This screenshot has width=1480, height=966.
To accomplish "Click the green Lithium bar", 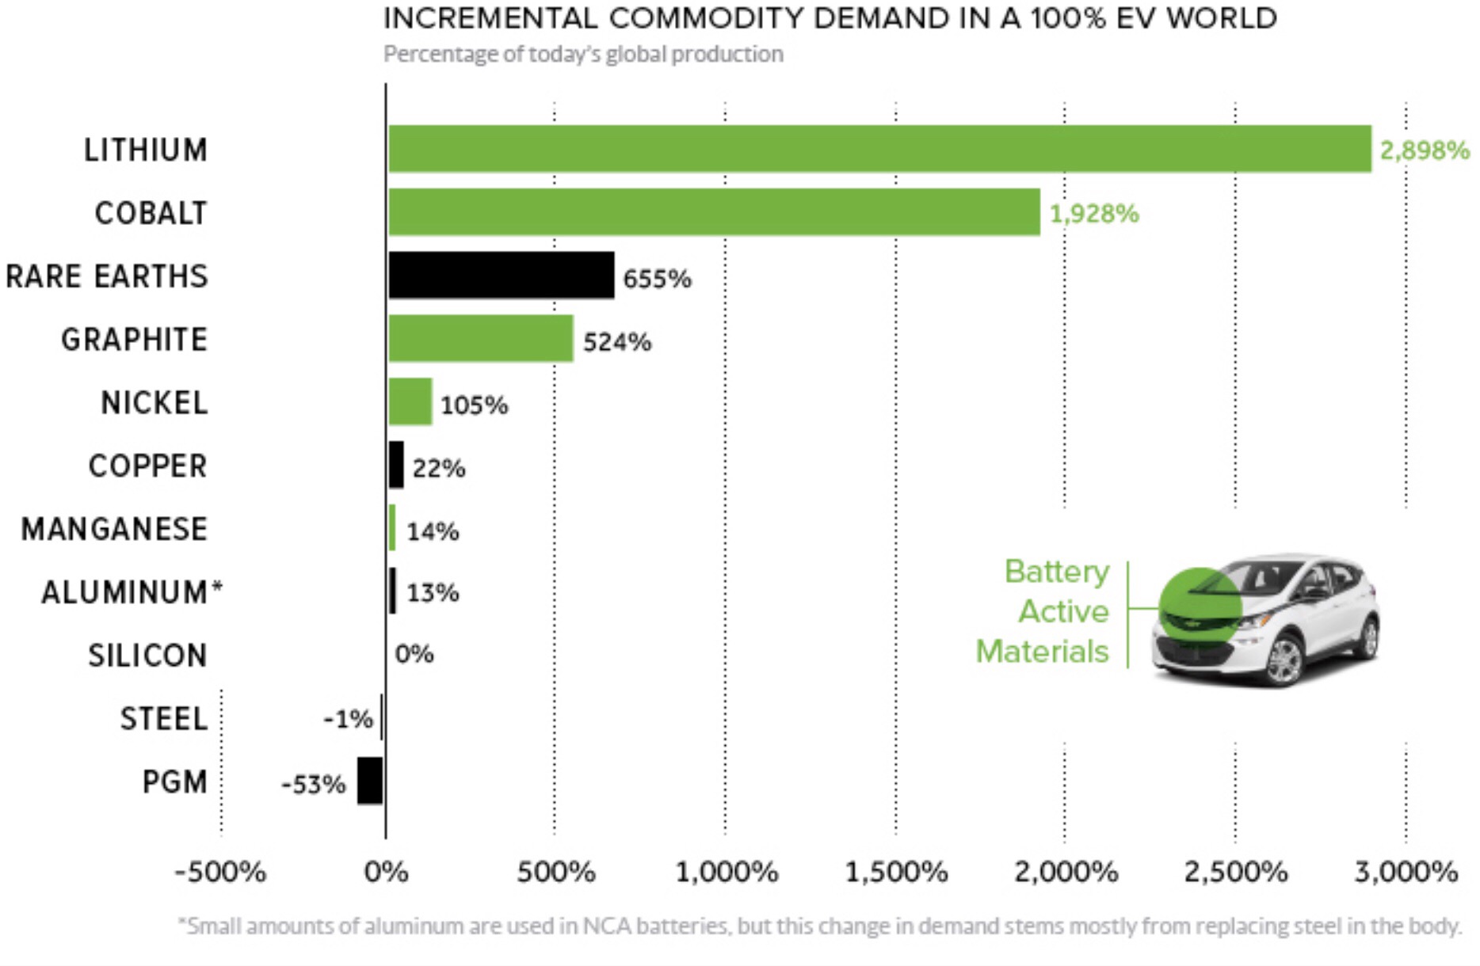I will pos(879,149).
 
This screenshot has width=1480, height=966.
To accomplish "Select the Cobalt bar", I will pos(713,212).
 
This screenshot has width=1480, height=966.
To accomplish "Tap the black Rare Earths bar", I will pos(501,276).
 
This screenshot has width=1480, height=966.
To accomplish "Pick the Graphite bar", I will pos(480,339).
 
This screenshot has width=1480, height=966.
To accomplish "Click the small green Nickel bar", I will pos(410,402).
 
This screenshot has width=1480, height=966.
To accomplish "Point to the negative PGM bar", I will pos(370,781).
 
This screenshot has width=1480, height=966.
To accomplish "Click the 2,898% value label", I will pos(1425,150).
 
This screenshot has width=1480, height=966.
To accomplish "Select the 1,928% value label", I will pos(1094,213).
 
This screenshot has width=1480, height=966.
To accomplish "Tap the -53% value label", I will pos(314,784).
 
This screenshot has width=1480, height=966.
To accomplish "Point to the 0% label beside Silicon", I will pos(414,654).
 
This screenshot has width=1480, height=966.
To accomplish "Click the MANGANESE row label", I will pos(114,529).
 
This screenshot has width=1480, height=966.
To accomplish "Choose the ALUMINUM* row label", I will pos(132,592).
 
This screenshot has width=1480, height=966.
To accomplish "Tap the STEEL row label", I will pos(163,719).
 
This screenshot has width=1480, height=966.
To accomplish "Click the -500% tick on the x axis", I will pos(220,872).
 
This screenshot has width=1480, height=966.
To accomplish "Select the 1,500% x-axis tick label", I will pos(896,872).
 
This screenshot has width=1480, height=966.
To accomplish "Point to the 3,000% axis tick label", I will pos(1406,872).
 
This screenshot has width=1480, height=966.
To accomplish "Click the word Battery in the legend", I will pos(1057,571).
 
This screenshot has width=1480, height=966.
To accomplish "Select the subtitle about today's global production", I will pos(583,54).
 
